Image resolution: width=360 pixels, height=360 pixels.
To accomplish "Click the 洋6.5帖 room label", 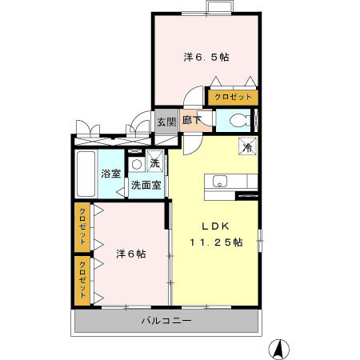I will click(206, 58).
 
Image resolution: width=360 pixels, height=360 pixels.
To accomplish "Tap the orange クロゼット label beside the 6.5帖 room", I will click(233, 97).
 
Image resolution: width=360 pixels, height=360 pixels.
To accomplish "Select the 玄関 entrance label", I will click(166, 122).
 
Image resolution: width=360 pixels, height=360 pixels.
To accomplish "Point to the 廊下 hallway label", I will click(192, 122).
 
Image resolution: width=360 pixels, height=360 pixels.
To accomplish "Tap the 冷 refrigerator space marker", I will click(248, 147).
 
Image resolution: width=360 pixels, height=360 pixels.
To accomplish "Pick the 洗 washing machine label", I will click(154, 164).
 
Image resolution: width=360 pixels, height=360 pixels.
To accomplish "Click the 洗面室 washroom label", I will click(146, 185).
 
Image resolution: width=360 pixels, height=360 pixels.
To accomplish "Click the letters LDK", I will click(215, 226).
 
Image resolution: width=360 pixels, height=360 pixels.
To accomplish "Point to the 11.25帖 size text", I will click(215, 242).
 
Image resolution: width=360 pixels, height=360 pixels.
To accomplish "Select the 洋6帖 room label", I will click(130, 254).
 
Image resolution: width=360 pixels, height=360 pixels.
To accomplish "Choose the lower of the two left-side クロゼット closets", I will click(82, 279).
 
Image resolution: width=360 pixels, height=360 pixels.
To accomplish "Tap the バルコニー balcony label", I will click(166, 321).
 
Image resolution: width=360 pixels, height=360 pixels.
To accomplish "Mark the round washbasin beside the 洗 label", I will click(137, 165).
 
